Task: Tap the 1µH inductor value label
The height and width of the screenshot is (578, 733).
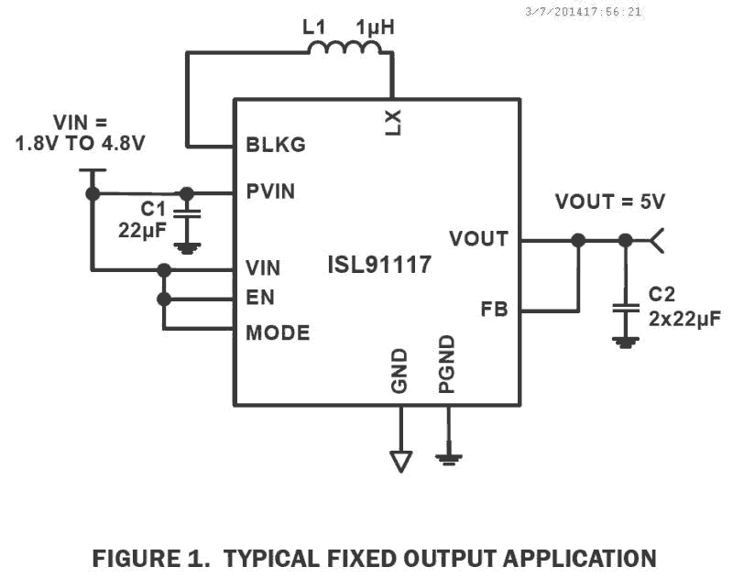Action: click(376, 28)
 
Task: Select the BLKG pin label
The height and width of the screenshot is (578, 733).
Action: click(275, 145)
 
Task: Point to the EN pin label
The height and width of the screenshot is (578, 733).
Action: click(260, 298)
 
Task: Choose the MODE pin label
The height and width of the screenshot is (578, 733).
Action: click(278, 333)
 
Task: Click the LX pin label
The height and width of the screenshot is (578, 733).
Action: click(392, 121)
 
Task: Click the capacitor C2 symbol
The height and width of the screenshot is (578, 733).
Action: click(626, 309)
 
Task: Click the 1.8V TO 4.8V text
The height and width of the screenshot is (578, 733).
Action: click(81, 144)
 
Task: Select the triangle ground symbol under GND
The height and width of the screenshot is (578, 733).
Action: click(400, 461)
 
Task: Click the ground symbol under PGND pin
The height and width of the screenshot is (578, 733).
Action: click(448, 456)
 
